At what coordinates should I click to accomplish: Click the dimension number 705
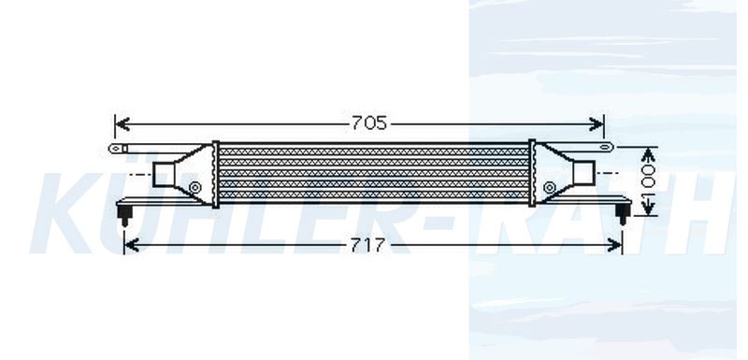pos(369,123)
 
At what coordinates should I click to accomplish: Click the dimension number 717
pos(367,245)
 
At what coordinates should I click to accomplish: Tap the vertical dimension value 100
pos(648,181)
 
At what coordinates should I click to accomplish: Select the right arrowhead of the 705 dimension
pos(597,124)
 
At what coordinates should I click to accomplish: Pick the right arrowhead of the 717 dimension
pos(614,245)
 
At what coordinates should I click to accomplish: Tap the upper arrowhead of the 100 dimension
pos(647,154)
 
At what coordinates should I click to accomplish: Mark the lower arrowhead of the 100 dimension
pos(647,208)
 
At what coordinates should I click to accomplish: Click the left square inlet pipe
pos(163,175)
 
